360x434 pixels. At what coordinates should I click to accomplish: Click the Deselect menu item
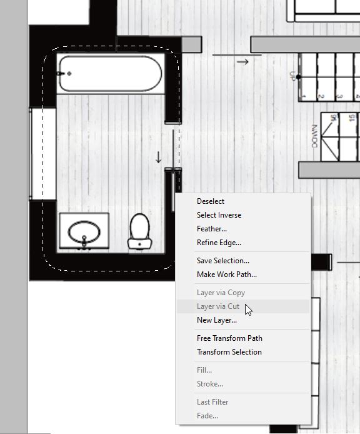(x=211, y=201)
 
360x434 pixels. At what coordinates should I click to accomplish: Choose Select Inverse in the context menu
(x=219, y=215)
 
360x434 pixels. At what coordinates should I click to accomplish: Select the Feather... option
(x=212, y=229)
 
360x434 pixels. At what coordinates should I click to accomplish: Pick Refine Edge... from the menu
(x=219, y=243)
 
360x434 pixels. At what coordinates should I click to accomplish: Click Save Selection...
(x=223, y=261)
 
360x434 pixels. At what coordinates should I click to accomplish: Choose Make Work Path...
(x=227, y=275)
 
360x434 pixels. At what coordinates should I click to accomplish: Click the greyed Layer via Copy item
(x=221, y=293)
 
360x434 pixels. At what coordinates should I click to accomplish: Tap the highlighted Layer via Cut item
(x=218, y=306)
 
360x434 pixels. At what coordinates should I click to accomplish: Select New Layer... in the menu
(x=217, y=320)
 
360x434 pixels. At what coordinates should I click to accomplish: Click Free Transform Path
(x=229, y=338)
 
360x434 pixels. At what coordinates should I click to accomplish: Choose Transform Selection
(x=229, y=352)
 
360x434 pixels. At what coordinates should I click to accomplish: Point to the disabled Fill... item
(x=204, y=370)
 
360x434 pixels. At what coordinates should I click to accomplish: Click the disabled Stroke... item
(x=210, y=384)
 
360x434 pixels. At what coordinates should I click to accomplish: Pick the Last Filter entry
(x=212, y=402)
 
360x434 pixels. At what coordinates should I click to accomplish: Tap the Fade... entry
(x=207, y=416)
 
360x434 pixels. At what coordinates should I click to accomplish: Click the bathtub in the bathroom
(x=110, y=74)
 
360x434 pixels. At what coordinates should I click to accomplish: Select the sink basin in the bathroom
(x=84, y=233)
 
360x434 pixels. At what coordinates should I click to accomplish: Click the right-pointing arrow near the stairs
(x=243, y=61)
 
